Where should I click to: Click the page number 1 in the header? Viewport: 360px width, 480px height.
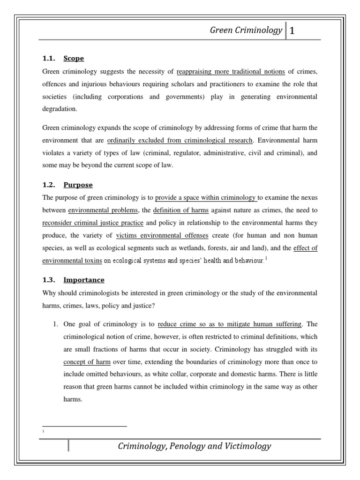292,31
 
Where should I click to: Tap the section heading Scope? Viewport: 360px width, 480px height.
74,59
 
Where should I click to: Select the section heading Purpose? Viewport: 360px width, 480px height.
78,185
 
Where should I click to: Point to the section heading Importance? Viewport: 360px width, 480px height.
84,280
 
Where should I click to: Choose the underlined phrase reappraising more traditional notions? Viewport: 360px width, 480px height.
231,72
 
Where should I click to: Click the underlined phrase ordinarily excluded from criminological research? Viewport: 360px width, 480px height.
180,140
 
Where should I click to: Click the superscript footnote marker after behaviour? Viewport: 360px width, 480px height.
267,258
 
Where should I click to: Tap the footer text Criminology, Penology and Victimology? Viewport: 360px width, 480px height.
194,446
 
